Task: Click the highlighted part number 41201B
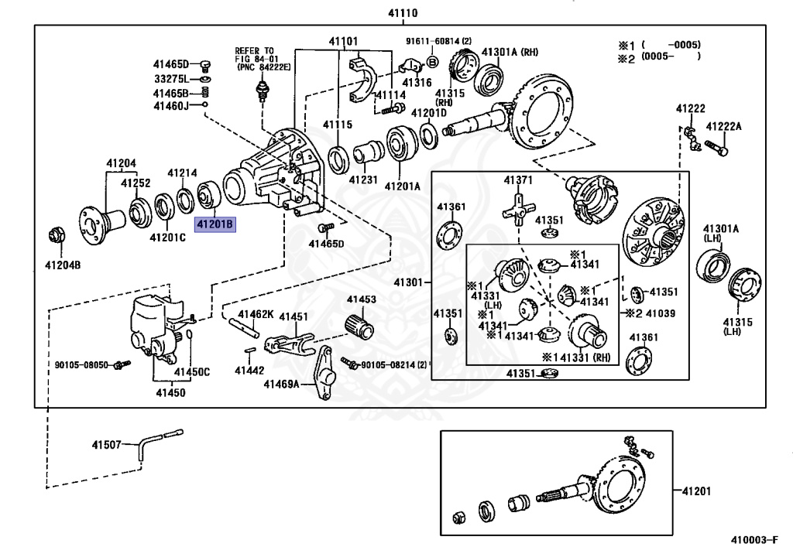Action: [x=214, y=225]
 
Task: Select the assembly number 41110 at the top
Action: [x=403, y=13]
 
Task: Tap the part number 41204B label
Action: [x=62, y=265]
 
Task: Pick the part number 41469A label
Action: [x=280, y=384]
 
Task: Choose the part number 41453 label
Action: [x=361, y=299]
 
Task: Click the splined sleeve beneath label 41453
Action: [x=359, y=326]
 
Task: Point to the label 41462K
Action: [x=256, y=314]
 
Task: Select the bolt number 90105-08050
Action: [x=81, y=364]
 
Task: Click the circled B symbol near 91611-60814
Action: [x=432, y=61]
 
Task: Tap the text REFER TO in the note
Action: [x=254, y=50]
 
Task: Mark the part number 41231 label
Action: [x=362, y=179]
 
